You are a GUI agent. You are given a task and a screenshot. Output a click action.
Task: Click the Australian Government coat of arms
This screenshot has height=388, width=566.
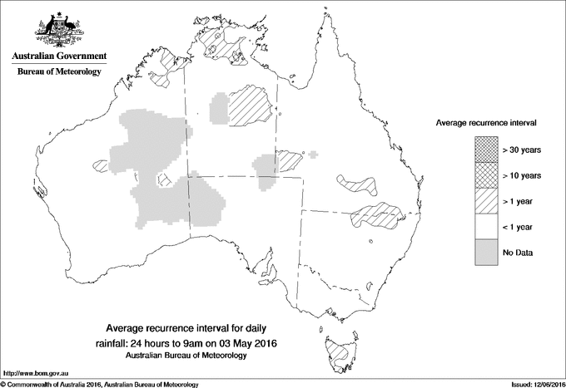[x=58, y=28]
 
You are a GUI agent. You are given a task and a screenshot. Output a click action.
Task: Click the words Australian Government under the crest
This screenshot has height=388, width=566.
[x=58, y=56]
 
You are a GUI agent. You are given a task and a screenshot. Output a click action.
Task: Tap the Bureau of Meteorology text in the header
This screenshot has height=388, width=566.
[x=58, y=72]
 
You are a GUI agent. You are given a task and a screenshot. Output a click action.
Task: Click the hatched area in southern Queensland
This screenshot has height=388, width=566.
[x=379, y=216]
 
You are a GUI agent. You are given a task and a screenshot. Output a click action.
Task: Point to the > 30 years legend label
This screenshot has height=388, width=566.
[x=521, y=150]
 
